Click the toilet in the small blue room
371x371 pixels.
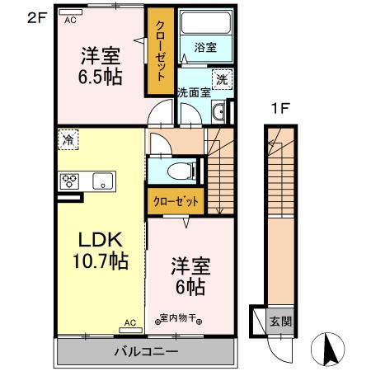181,171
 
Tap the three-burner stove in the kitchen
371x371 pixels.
69,181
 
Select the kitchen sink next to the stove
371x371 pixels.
102,181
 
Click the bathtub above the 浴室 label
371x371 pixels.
206,23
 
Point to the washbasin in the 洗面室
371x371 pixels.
218,112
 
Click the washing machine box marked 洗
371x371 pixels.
223,80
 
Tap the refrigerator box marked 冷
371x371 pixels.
68,140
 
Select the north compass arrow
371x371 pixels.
330,348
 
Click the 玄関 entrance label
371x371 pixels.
280,321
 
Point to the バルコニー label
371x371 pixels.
146,351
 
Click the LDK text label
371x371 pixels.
101,240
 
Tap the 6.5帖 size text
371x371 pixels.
101,77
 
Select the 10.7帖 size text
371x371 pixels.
101,261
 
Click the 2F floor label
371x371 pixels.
37,18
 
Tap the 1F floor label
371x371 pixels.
280,109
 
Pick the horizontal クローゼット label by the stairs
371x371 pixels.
176,201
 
